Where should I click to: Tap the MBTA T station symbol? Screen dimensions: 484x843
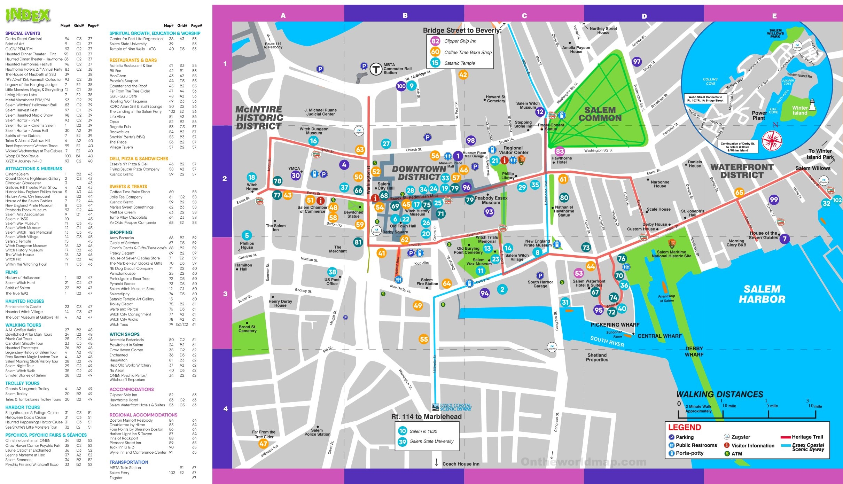click(376, 69)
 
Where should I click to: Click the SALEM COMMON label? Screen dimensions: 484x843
click(600, 114)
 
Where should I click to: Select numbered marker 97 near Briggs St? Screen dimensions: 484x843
click(637, 62)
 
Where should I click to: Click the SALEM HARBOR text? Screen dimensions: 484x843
click(762, 294)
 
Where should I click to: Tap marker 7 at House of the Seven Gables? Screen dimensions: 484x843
click(785, 239)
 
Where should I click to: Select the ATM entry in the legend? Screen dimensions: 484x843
click(736, 454)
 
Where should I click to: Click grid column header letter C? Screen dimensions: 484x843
click(524, 16)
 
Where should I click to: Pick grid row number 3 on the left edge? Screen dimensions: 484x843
click(225, 294)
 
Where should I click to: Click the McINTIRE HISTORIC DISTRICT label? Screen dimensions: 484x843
click(259, 118)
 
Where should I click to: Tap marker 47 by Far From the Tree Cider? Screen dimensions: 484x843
click(263, 444)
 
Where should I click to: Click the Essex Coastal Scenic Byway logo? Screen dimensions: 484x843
click(452, 407)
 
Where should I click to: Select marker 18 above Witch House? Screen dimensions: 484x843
click(251, 177)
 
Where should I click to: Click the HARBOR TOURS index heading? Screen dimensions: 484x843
click(23, 407)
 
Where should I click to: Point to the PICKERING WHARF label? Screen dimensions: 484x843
click(615, 325)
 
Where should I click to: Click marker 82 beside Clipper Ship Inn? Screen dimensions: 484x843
click(435, 41)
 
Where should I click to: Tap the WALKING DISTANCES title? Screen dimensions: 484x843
click(719, 395)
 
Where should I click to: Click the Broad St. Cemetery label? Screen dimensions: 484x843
click(247, 329)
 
